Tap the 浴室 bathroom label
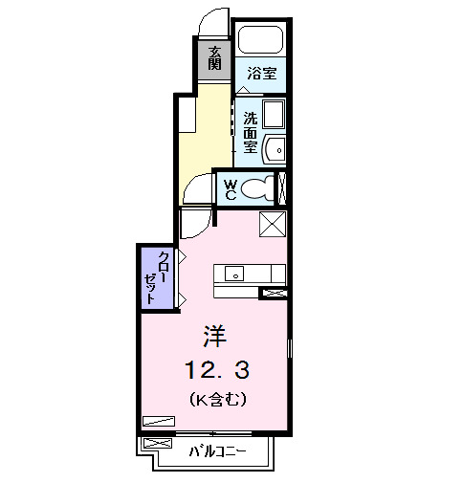click(x=261, y=73)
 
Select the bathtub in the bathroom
click(x=260, y=40)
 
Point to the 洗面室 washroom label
click(x=250, y=134)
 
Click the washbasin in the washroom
click(x=275, y=149)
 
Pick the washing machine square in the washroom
click(x=275, y=116)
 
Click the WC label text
click(x=230, y=188)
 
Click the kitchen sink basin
click(x=234, y=274)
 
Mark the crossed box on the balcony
click(x=151, y=444)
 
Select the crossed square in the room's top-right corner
click(x=274, y=225)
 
